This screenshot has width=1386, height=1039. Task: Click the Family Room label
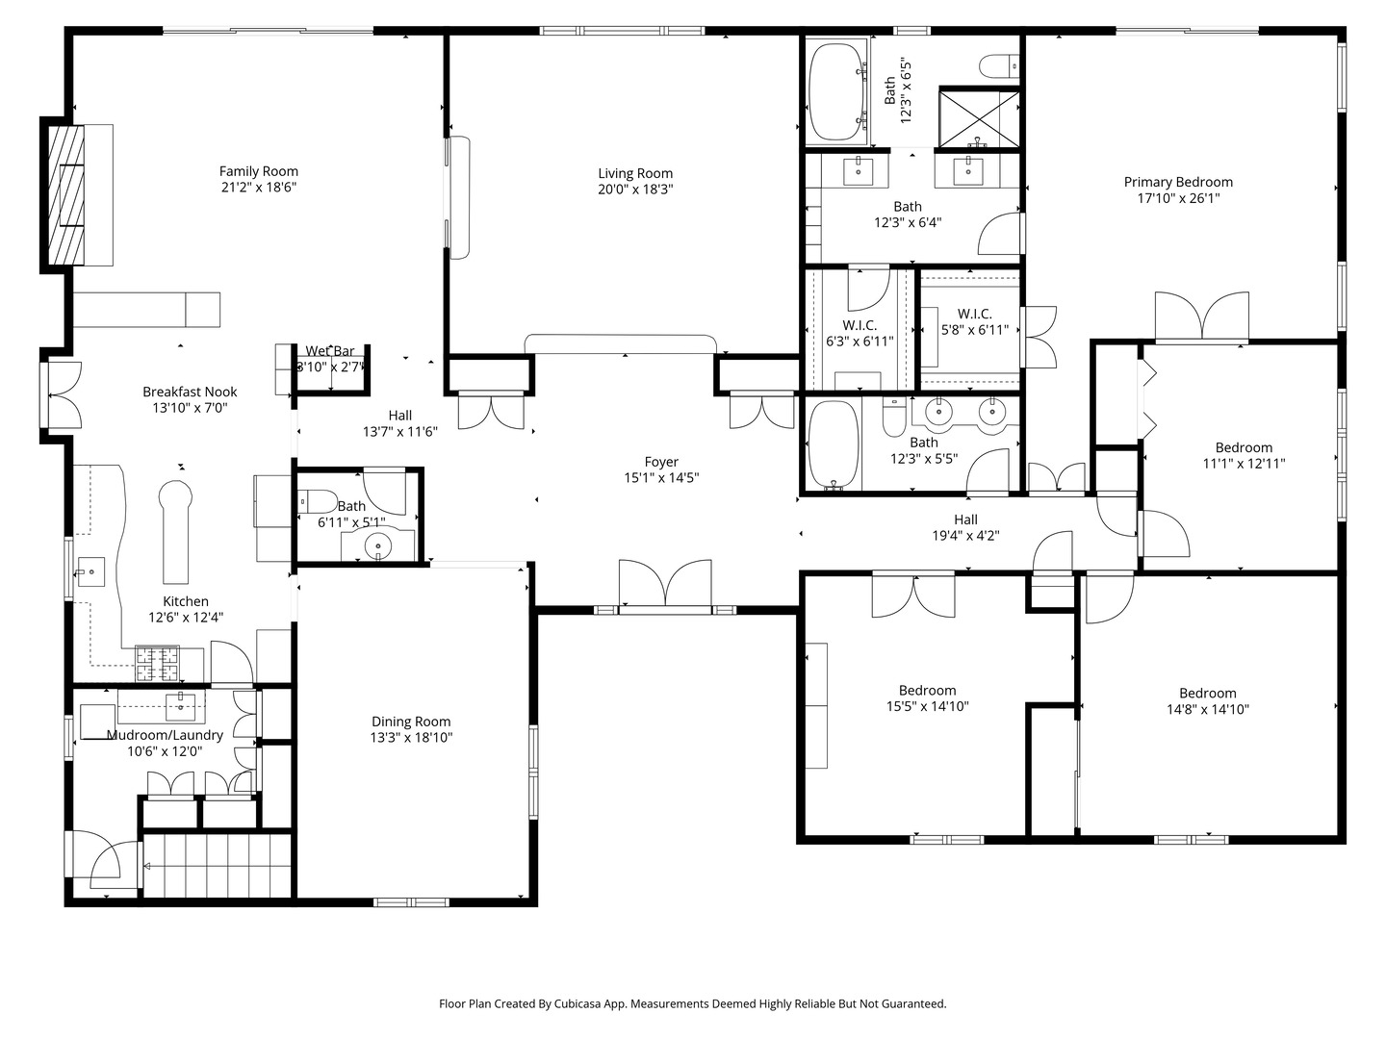tap(258, 171)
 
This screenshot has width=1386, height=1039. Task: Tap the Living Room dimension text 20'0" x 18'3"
tap(635, 190)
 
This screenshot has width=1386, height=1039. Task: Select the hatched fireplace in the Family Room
tap(66, 195)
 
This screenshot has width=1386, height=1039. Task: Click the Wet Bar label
tap(329, 351)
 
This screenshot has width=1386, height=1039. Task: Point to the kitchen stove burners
tap(157, 664)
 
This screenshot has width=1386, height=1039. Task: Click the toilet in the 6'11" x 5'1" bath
tap(318, 501)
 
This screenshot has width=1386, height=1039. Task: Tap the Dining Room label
tap(411, 722)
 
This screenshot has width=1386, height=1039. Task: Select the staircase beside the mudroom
tap(218, 866)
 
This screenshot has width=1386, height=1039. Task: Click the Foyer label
tap(661, 462)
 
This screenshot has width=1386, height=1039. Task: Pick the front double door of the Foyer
tap(665, 584)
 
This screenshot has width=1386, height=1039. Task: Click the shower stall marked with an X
tap(979, 119)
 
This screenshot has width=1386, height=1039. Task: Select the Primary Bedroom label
tap(1178, 182)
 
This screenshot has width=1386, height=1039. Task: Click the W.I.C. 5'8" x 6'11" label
tap(974, 321)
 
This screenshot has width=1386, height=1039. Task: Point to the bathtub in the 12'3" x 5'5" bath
tap(834, 443)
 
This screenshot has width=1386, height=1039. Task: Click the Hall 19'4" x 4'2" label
tap(965, 527)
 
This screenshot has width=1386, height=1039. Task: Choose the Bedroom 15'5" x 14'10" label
tap(927, 697)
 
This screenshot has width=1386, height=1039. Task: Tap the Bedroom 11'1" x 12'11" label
tap(1244, 455)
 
